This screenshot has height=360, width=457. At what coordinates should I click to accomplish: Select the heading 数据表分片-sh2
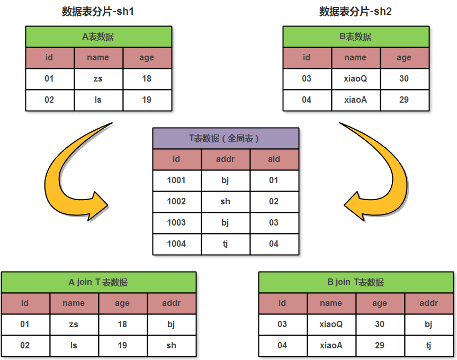[355, 12]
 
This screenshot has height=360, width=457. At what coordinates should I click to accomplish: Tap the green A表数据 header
[98, 37]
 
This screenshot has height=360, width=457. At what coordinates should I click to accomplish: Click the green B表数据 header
[355, 37]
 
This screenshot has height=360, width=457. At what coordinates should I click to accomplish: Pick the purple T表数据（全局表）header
[226, 138]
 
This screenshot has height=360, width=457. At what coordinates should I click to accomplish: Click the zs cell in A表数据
[98, 79]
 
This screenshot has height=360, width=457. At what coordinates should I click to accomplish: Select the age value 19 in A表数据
[147, 100]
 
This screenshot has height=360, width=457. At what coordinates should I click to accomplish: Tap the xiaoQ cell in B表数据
[355, 79]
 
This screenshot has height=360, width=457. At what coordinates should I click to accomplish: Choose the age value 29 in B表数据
[404, 100]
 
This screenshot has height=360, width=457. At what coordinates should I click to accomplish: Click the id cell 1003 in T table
[176, 222]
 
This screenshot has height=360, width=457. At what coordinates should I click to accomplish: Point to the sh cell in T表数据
[225, 201]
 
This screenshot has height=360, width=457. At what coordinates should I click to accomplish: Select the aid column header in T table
[274, 159]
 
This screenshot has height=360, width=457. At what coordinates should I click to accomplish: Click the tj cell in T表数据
[225, 244]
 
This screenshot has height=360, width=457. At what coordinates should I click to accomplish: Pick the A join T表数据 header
[98, 282]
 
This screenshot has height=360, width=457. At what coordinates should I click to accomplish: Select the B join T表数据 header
[356, 282]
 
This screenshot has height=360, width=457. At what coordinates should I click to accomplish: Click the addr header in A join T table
[171, 303]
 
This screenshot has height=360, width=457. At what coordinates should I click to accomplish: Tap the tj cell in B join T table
[428, 345]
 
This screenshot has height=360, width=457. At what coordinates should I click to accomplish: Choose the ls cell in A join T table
[74, 345]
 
